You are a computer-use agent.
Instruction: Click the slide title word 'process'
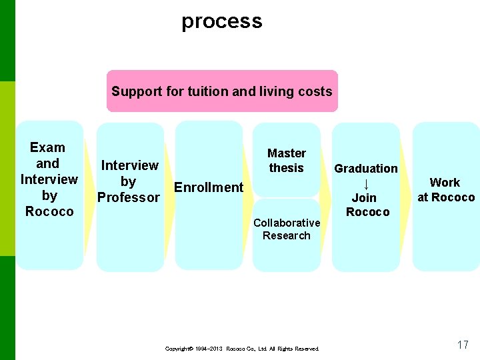click(222, 21)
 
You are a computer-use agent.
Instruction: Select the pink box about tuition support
click(222, 91)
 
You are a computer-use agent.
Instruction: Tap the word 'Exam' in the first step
click(48, 147)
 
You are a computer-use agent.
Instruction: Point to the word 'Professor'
click(129, 197)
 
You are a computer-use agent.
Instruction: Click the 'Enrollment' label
click(209, 187)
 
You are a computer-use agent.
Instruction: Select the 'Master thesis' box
click(287, 161)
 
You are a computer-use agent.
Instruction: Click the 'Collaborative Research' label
click(287, 229)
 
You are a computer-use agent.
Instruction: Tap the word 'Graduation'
click(366, 169)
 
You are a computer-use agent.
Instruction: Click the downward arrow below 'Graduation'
click(366, 183)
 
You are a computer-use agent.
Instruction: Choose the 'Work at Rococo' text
click(445, 189)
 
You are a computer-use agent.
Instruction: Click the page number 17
click(463, 345)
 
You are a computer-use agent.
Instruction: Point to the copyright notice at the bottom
click(242, 349)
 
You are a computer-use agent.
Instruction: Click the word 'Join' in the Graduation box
click(364, 198)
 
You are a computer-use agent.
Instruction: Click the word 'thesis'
click(287, 168)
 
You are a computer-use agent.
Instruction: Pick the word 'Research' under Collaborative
click(287, 235)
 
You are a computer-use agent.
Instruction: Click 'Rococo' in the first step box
click(49, 211)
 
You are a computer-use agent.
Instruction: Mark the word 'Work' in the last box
click(445, 182)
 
